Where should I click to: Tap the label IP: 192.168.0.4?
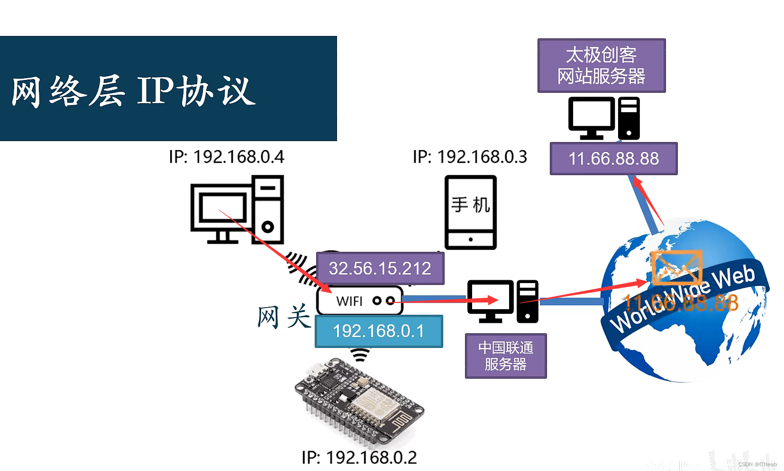(x=227, y=157)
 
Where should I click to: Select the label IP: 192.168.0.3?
(x=470, y=157)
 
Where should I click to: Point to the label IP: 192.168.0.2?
(x=359, y=457)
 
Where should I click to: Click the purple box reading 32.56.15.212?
(x=380, y=268)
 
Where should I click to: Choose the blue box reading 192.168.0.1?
(x=378, y=331)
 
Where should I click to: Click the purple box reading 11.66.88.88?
(x=613, y=159)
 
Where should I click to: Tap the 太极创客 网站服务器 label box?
(x=601, y=65)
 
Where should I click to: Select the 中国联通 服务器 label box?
(x=505, y=356)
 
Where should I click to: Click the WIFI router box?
(x=359, y=301)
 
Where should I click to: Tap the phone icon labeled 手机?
(x=470, y=212)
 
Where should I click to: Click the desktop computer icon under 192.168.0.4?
(x=237, y=210)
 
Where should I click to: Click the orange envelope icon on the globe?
(x=676, y=268)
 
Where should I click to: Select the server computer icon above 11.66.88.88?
(x=604, y=118)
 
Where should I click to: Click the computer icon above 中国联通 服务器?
(x=502, y=302)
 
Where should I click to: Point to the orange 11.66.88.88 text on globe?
(x=681, y=303)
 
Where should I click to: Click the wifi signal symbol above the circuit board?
(x=360, y=355)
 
